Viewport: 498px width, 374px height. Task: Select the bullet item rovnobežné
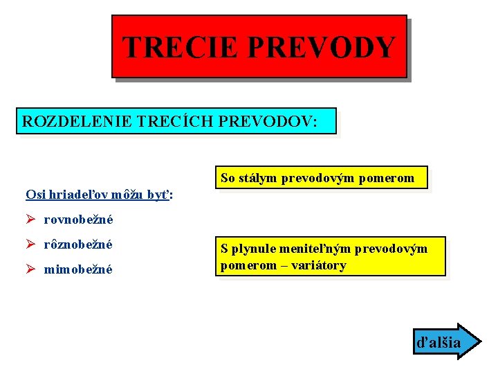pyautogui.click(x=78, y=220)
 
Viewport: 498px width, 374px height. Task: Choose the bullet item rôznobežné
pyautogui.click(x=78, y=244)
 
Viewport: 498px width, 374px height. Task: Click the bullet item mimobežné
pyautogui.click(x=78, y=269)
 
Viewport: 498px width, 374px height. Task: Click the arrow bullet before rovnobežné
pyautogui.click(x=30, y=220)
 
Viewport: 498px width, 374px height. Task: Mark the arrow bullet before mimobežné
pyautogui.click(x=30, y=269)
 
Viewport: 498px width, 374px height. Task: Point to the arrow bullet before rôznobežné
pyautogui.click(x=30, y=244)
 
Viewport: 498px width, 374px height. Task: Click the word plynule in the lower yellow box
pyautogui.click(x=252, y=249)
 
